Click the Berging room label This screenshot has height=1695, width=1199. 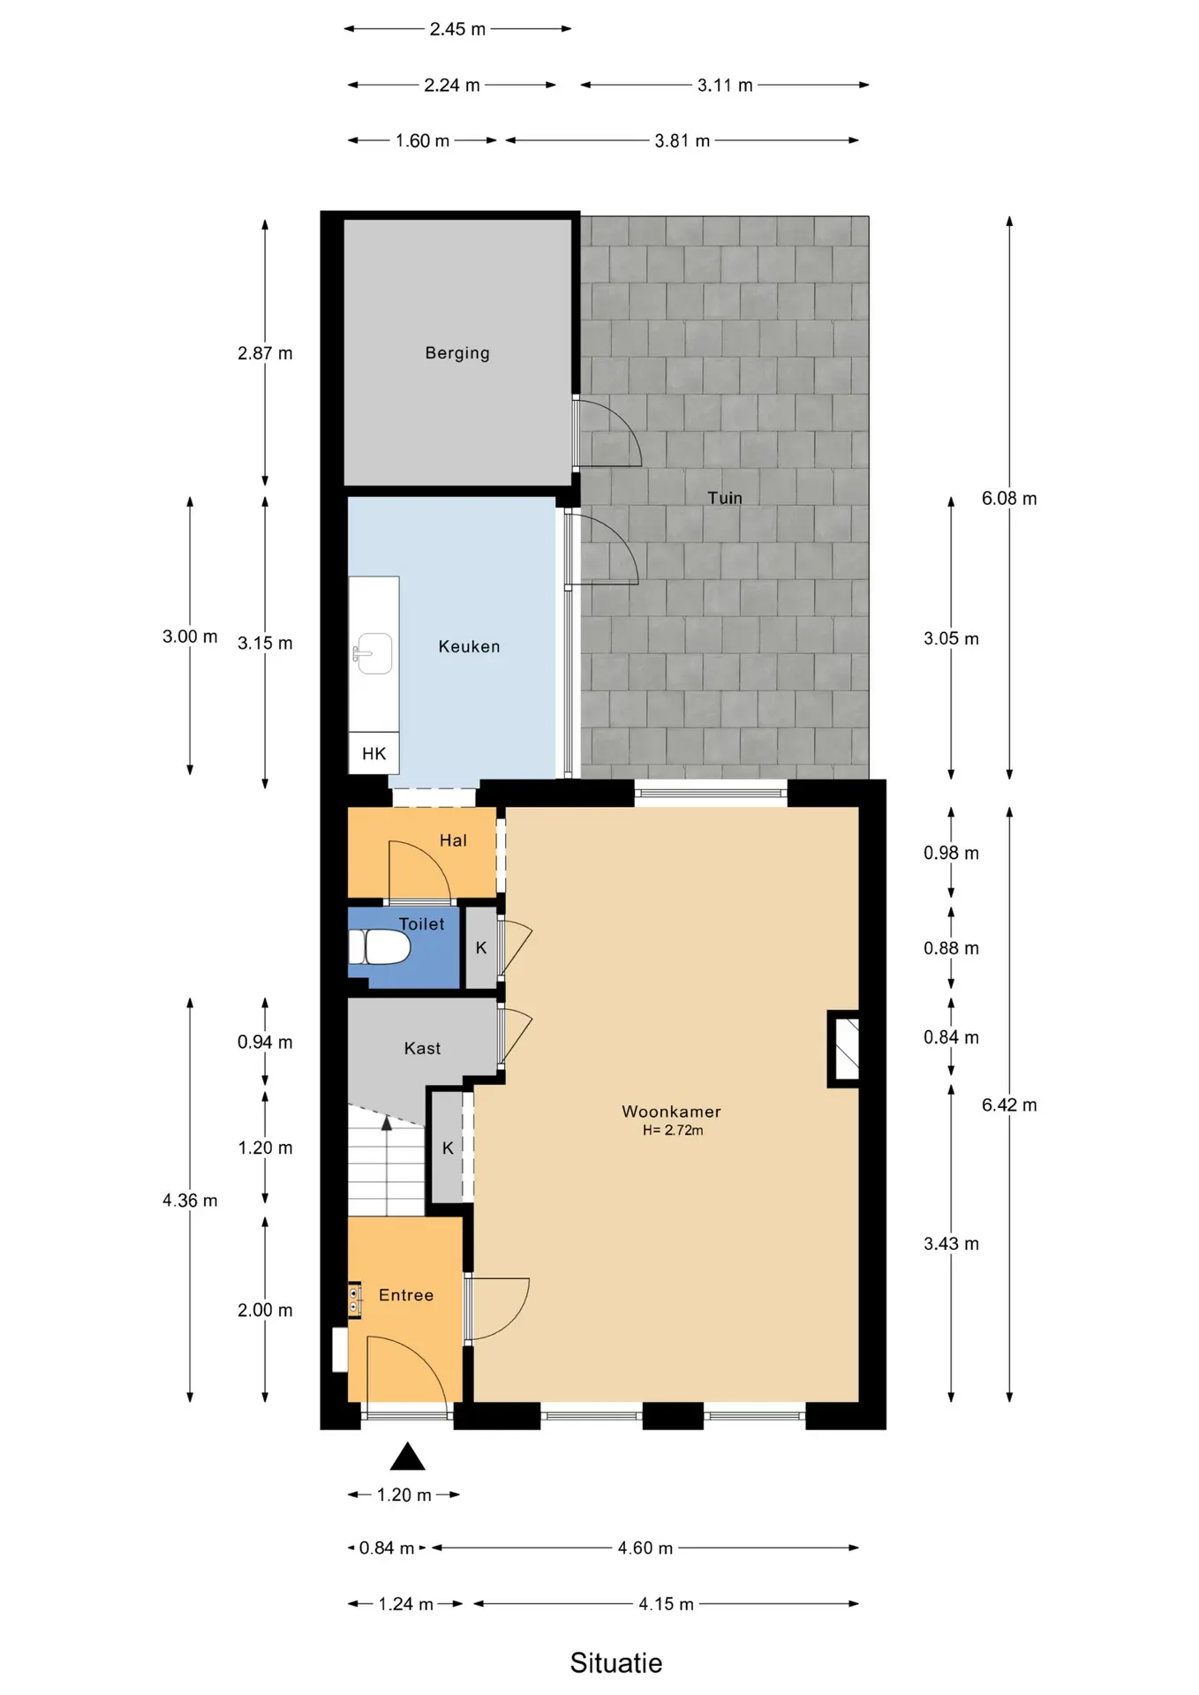pos(457,353)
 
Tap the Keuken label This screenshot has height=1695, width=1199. pos(469,646)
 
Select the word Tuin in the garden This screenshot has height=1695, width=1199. pos(725,498)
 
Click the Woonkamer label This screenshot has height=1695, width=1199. pos(671,1111)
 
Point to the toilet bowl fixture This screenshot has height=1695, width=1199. pos(381,947)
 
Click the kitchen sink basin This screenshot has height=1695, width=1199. pos(374,653)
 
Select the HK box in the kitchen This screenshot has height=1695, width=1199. pos(373,753)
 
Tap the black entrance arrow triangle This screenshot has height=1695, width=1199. pos(407,1456)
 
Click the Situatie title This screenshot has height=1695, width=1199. pos(616,1663)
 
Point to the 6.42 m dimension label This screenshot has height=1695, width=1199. pos(1009,1104)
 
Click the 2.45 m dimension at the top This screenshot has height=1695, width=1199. pos(457,29)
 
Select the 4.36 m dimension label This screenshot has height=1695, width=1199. pos(190,1200)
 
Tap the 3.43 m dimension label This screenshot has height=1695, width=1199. pos(951,1243)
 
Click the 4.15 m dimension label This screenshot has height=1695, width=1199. pos(666,1603)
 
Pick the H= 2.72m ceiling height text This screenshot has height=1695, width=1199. pos(673,1130)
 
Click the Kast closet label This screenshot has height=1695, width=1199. pos(422,1048)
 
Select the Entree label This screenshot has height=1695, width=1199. pos(406,1295)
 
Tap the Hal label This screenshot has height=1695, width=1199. pos(453,840)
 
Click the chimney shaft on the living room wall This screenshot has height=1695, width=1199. pos(844,1049)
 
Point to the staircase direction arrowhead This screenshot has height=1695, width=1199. pos(387,1123)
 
